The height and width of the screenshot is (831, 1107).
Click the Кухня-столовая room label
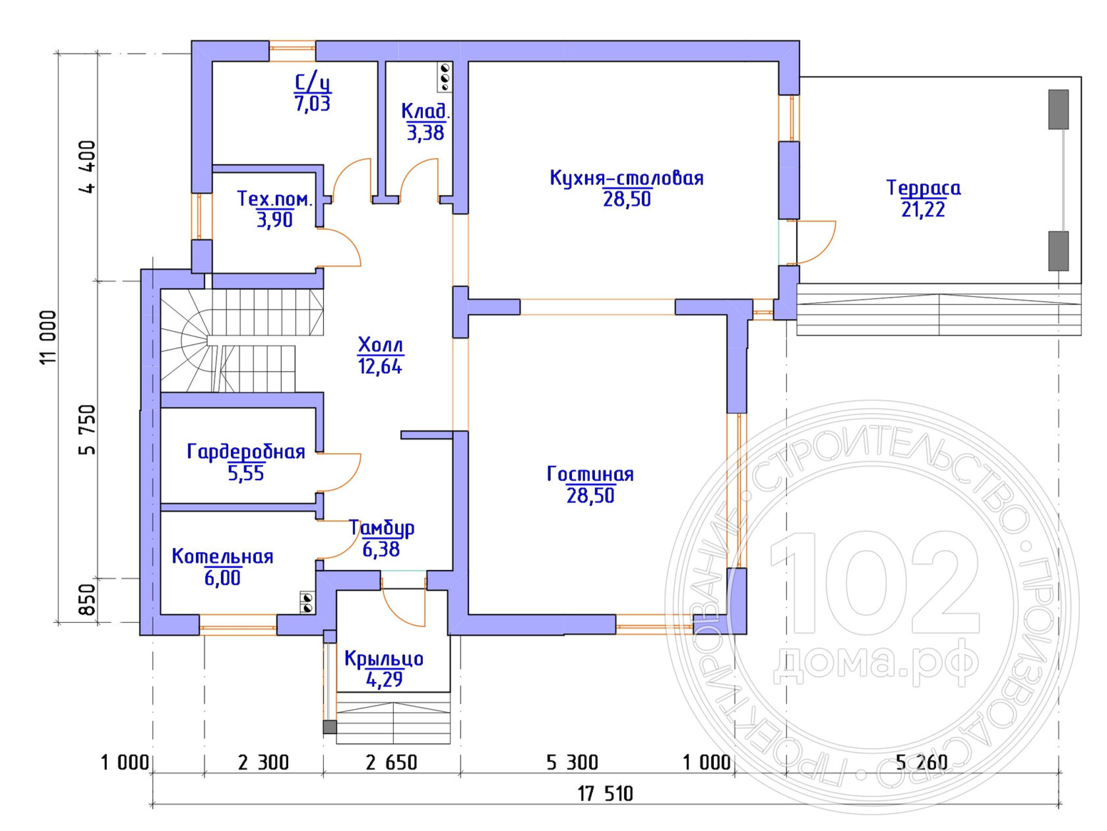coord(626,178)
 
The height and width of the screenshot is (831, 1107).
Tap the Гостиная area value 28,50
coord(590,495)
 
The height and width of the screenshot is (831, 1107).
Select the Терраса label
coord(923,188)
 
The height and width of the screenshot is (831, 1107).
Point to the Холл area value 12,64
coord(380,367)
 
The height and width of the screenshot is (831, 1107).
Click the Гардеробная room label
coord(246,452)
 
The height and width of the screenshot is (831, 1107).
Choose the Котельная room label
coord(222,557)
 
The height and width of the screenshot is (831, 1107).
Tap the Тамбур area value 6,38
coord(381,549)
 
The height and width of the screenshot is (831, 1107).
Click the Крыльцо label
coord(384,659)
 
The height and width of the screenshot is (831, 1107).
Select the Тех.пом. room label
coord(275,199)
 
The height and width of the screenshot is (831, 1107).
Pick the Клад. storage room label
coord(425,111)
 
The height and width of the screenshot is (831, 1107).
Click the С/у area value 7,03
coord(313,104)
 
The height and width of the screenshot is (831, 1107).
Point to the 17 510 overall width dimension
coord(605,794)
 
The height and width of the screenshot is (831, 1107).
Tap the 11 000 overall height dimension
coord(49,337)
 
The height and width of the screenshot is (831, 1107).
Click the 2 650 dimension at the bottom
coord(391,763)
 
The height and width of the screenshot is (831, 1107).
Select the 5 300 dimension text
coord(573,763)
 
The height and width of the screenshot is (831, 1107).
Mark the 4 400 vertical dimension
coord(87,167)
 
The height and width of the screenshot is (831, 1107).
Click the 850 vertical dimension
coord(87,600)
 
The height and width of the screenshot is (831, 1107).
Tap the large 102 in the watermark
coord(875,584)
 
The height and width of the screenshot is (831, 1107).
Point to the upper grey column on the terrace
coord(1059,109)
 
